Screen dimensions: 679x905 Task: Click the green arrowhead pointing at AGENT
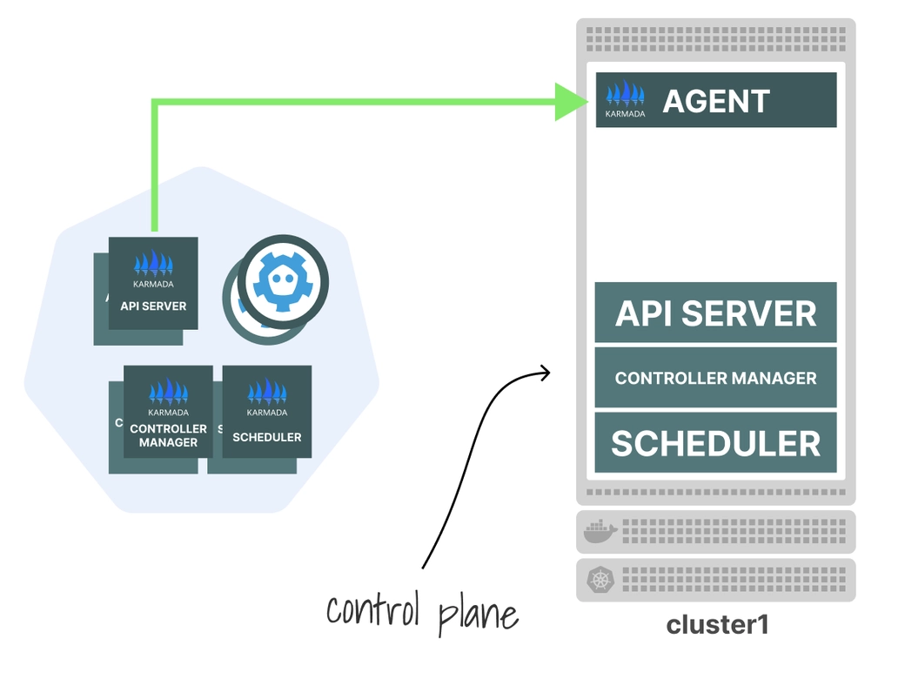coord(570,101)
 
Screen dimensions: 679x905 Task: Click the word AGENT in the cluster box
coord(716,101)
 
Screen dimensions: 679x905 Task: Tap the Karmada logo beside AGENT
coord(626,98)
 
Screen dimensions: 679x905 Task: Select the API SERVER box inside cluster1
coord(715,313)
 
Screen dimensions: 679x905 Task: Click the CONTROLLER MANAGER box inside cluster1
coord(715,378)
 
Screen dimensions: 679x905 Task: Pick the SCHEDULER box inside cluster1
coord(715,443)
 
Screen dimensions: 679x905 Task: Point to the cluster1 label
coord(717,625)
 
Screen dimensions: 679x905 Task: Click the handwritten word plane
coord(478,611)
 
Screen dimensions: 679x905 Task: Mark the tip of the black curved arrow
coord(550,373)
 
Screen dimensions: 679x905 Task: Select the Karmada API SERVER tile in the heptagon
coord(153,284)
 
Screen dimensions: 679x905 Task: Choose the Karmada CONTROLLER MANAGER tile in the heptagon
coord(168,413)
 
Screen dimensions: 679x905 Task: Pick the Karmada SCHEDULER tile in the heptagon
coord(267,413)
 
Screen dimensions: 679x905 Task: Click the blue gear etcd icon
coord(283,280)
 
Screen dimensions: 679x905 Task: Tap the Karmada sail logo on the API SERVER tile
coord(153,265)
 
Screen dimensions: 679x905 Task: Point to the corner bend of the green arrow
coord(154,103)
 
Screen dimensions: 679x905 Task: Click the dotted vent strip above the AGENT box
coord(715,39)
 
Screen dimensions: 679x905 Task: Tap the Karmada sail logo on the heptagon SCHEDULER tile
coord(267,393)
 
